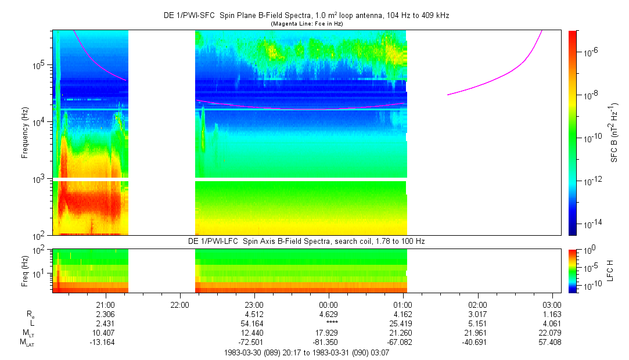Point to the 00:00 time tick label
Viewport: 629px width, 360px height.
[x=329, y=304]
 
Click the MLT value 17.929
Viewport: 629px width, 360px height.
[x=329, y=332]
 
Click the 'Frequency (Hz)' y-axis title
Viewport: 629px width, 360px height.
[x=25, y=132]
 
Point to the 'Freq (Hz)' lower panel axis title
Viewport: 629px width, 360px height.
[x=24, y=271]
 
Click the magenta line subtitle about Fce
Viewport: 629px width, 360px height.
[x=306, y=23]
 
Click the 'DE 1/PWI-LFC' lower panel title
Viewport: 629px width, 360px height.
[x=306, y=241]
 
